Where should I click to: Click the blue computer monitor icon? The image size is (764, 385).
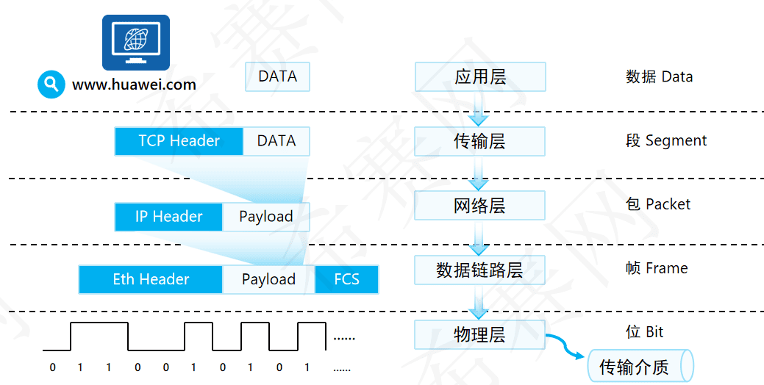[135, 43]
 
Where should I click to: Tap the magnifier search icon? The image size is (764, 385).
[51, 84]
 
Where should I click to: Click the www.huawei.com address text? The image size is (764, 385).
[134, 84]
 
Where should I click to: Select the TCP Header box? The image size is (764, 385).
[179, 141]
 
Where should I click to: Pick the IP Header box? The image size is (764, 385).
[168, 217]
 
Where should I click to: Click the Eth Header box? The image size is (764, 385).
[151, 280]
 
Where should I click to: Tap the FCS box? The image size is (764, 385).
[346, 280]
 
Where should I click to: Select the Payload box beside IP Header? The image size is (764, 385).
[265, 217]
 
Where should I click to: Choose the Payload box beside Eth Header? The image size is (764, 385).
[268, 280]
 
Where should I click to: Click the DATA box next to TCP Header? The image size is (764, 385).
[276, 141]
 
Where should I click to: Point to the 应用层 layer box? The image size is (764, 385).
[480, 76]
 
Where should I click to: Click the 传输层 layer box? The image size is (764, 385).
[480, 141]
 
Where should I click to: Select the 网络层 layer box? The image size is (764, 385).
[480, 205]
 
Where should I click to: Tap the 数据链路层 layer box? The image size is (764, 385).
[480, 270]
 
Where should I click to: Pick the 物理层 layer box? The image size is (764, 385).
[480, 335]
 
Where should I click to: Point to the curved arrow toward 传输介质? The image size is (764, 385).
[565, 346]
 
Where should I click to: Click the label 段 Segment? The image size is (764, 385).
[666, 140]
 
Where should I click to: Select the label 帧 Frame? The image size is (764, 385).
[657, 268]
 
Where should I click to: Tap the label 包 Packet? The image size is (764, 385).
[658, 204]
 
